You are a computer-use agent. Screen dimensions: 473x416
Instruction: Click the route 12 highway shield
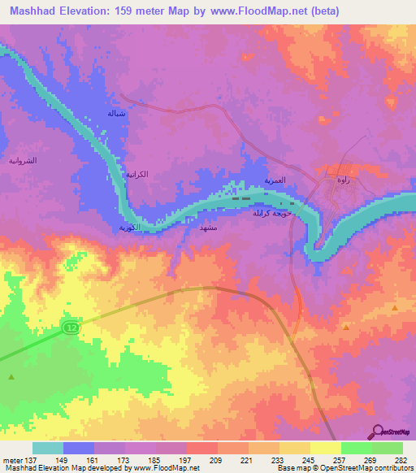point(71,326)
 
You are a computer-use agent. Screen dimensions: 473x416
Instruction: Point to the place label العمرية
point(275,180)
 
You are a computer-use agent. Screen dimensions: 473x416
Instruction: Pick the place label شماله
point(116,113)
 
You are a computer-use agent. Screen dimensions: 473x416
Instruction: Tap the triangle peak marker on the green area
point(11,376)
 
